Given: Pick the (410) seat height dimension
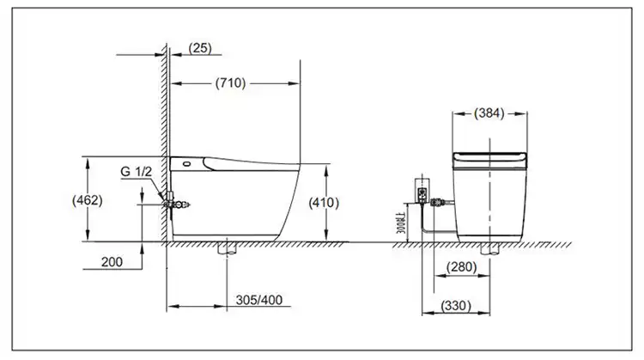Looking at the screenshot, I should click(x=323, y=203).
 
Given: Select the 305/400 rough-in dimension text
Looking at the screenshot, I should click(x=258, y=301).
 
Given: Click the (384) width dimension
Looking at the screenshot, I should click(x=489, y=113).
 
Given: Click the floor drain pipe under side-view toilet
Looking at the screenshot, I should click(x=227, y=248).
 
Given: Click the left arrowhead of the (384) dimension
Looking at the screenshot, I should click(x=456, y=113).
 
